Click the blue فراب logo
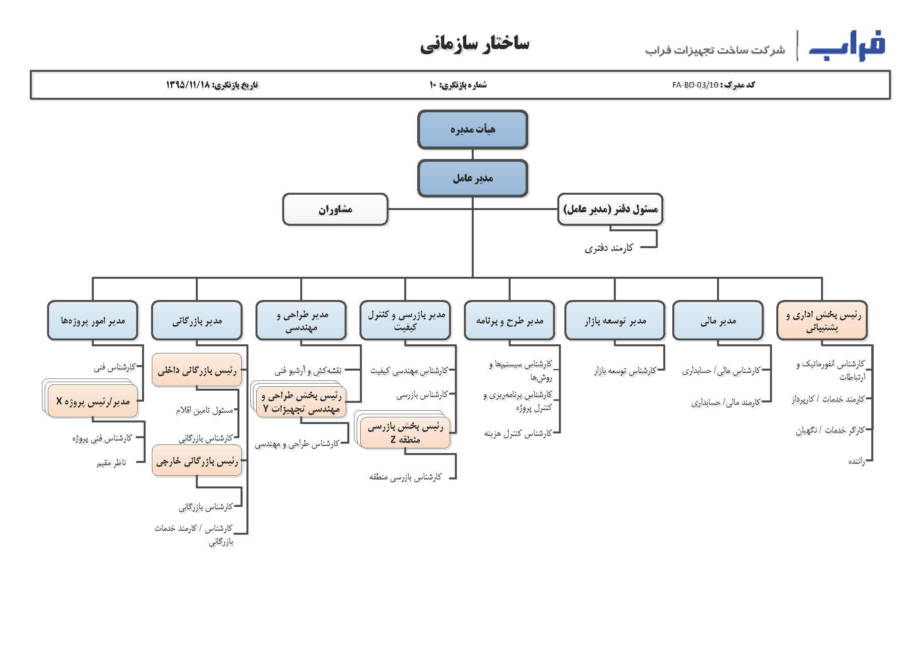click(x=847, y=45)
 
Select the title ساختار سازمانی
click(x=475, y=44)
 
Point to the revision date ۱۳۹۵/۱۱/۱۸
click(x=188, y=85)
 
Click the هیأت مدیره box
click(x=473, y=130)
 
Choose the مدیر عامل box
click(x=473, y=178)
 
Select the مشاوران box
click(x=335, y=210)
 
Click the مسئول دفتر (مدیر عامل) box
click(x=610, y=210)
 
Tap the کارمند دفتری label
click(x=609, y=248)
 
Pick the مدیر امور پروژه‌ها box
click(x=93, y=320)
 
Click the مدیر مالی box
click(x=718, y=320)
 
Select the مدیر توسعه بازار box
click(x=615, y=320)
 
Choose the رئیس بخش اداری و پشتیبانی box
click(x=822, y=320)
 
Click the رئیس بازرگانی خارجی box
click(x=197, y=461)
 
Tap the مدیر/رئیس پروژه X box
click(x=93, y=401)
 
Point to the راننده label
click(x=856, y=462)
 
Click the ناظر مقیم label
click(x=111, y=463)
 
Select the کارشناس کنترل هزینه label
click(x=518, y=433)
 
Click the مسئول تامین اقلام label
click(x=204, y=410)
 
